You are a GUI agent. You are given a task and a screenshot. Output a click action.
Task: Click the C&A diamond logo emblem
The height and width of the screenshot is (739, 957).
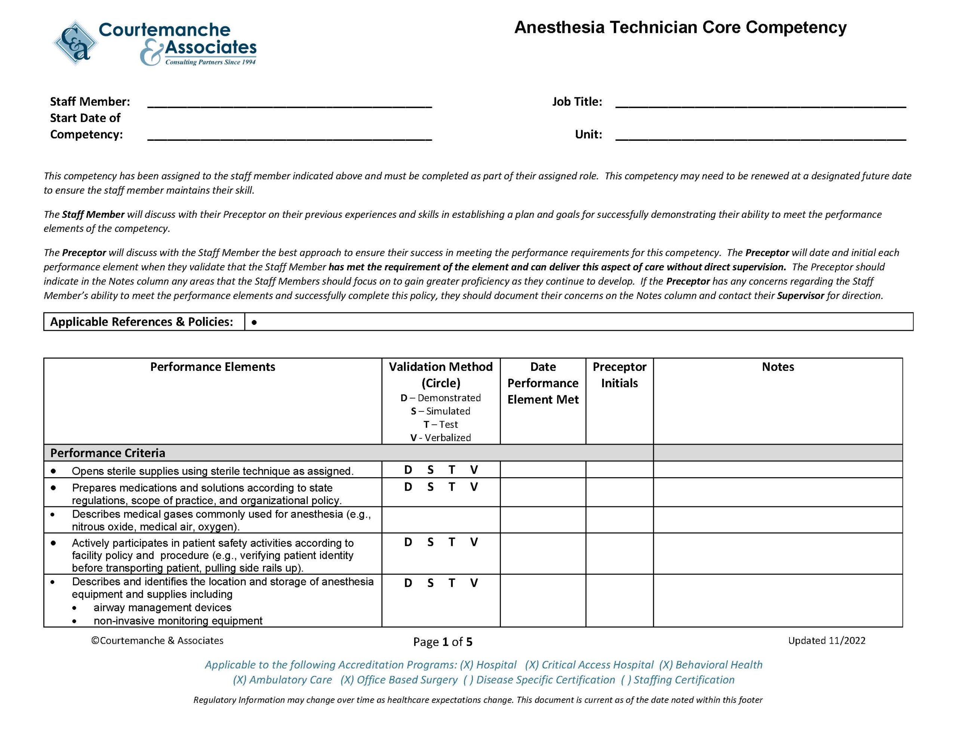click(75, 43)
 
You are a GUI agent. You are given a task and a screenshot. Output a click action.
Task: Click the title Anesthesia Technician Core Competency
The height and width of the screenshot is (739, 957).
click(680, 27)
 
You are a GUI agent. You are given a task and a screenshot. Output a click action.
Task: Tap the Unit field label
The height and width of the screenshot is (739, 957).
click(588, 134)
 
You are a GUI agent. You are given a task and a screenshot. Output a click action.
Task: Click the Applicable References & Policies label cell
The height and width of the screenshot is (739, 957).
click(142, 322)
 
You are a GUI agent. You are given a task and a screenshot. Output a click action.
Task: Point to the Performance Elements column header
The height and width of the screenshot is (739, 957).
click(212, 367)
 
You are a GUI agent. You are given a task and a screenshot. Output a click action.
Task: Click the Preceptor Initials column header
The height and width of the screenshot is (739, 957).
click(619, 375)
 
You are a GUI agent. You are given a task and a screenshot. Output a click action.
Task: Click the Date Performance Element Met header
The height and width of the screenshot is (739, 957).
click(542, 383)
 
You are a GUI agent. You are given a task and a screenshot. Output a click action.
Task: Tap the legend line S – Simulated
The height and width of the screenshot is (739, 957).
click(440, 411)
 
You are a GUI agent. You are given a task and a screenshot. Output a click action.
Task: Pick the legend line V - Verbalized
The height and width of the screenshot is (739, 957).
click(440, 437)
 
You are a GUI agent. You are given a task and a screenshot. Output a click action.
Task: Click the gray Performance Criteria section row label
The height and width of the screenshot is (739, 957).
click(108, 453)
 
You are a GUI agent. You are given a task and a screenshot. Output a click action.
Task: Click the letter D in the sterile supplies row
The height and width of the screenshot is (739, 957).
click(408, 470)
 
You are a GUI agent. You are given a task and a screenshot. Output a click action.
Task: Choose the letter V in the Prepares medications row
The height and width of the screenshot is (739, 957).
click(474, 487)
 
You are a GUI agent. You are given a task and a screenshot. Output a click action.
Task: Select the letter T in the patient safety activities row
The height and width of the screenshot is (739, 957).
click(452, 542)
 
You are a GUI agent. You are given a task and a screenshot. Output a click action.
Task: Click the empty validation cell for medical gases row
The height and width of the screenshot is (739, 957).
click(440, 520)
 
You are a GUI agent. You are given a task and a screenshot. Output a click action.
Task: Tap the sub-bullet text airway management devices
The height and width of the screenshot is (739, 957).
click(162, 607)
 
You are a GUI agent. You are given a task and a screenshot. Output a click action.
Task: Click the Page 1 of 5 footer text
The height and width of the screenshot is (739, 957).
click(443, 642)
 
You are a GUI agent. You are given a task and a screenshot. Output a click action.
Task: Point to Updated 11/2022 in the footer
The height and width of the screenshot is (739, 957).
click(827, 640)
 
